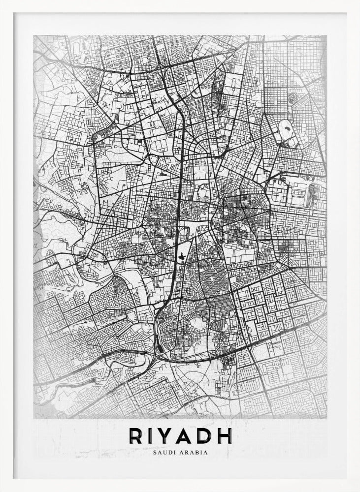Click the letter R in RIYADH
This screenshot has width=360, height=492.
point(136,436)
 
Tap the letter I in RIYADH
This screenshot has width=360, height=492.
point(153,436)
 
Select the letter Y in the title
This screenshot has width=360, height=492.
point(169,436)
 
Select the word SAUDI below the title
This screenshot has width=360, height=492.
point(163,452)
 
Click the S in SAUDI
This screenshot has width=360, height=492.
point(155,452)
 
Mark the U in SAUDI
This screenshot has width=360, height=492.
point(163,452)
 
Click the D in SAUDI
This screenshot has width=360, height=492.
point(167,452)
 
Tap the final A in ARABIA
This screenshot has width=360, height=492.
point(206,452)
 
